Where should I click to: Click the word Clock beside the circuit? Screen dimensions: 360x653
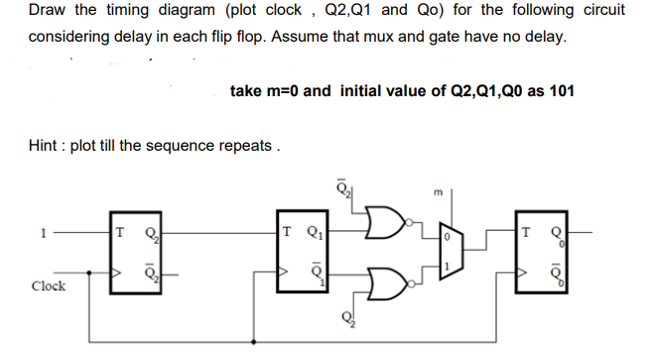pyautogui.click(x=49, y=286)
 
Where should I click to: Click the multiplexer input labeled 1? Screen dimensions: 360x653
pyautogui.click(x=446, y=269)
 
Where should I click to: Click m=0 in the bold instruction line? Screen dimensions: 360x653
pyautogui.click(x=278, y=90)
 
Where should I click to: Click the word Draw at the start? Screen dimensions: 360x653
pyautogui.click(x=47, y=10)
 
